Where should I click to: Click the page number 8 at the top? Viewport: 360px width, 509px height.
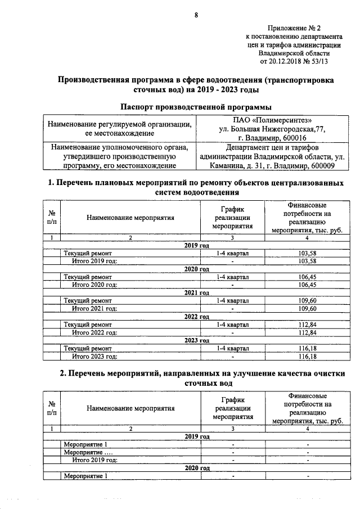196,15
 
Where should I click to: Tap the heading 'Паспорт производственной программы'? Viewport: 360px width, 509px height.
196,107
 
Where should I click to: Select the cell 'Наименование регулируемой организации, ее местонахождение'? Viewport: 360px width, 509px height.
120,129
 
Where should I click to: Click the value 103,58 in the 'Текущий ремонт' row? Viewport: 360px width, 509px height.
307,254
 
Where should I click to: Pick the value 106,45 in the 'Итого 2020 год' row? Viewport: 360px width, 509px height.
307,285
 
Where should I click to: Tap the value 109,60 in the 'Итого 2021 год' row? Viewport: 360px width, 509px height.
307,309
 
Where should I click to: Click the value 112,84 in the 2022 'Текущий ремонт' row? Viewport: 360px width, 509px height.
307,325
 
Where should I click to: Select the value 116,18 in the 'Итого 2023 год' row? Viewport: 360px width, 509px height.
307,356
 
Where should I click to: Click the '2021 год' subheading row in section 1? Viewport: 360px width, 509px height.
196,293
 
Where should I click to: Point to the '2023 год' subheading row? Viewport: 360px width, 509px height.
196,340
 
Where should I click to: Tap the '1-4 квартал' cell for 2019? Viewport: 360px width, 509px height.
232,254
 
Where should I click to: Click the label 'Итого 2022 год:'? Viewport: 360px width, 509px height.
94,332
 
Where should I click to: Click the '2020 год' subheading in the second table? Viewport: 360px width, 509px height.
196,468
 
